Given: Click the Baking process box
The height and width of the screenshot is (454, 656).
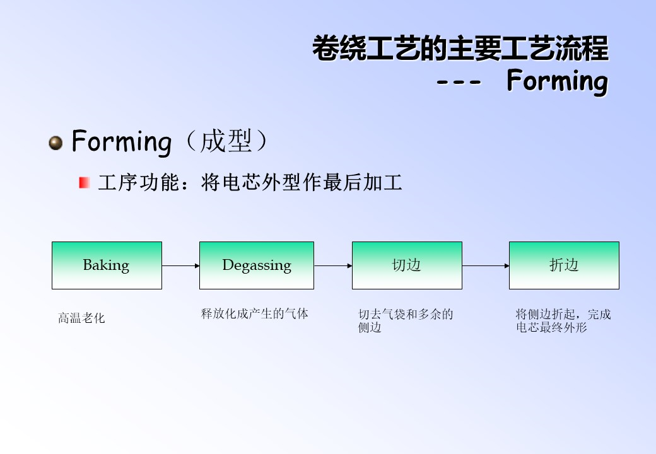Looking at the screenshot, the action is pyautogui.click(x=107, y=265).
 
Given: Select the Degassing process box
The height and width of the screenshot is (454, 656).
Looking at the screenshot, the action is pyautogui.click(x=257, y=265).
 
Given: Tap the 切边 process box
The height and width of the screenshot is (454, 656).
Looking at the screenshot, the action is pyautogui.click(x=407, y=265).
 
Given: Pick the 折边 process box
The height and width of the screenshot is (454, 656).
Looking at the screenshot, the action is pyautogui.click(x=564, y=265).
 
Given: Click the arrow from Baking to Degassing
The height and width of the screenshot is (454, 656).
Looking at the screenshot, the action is pyautogui.click(x=181, y=266).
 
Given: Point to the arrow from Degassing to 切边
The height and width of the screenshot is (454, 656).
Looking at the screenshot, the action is pyautogui.click(x=333, y=266).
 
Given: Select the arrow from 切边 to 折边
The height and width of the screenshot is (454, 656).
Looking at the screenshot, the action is pyautogui.click(x=486, y=266).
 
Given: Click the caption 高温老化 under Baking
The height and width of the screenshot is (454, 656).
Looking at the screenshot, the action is pyautogui.click(x=81, y=318).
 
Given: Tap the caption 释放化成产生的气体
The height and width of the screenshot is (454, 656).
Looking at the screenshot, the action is pyautogui.click(x=254, y=313).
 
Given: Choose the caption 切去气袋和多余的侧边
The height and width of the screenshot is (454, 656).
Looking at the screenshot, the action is pyautogui.click(x=406, y=321).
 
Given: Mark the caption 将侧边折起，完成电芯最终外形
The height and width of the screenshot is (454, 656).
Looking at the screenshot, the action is pyautogui.click(x=563, y=321).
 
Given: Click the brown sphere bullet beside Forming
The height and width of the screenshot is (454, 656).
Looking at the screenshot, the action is pyautogui.click(x=56, y=143).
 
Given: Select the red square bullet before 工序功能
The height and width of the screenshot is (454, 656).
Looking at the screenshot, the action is pyautogui.click(x=84, y=183).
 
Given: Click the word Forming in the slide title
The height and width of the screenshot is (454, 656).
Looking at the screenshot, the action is pyautogui.click(x=557, y=81).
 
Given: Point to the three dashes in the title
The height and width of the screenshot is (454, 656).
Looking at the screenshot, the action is pyautogui.click(x=459, y=81).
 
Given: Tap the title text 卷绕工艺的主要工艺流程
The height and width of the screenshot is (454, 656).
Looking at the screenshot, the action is pyautogui.click(x=460, y=49).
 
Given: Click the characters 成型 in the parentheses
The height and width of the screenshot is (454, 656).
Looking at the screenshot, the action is pyautogui.click(x=226, y=141).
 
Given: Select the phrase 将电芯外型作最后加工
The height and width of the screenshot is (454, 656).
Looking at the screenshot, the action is pyautogui.click(x=302, y=183).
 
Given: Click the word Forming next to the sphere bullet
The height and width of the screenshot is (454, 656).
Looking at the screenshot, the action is pyautogui.click(x=122, y=141).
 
